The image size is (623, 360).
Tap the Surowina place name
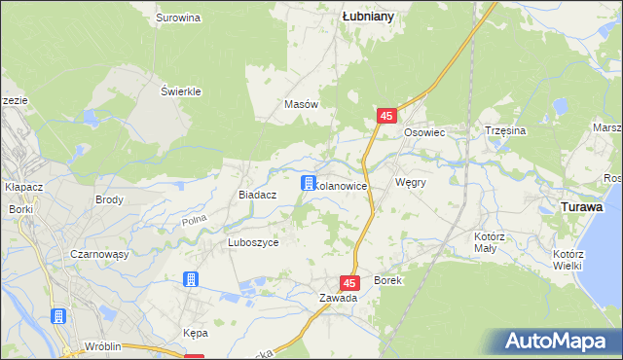point(178,18)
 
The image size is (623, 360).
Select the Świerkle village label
point(180,91)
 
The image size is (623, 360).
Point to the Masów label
point(301,104)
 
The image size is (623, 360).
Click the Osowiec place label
point(424,133)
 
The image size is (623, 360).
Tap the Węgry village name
point(411,182)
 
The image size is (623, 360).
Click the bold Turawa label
point(581,207)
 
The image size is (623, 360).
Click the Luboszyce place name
point(253,243)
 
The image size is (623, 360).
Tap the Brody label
point(108,199)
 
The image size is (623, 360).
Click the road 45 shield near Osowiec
point(386,116)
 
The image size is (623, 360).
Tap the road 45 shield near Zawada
point(351,282)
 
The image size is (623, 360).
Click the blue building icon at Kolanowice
point(308,183)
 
